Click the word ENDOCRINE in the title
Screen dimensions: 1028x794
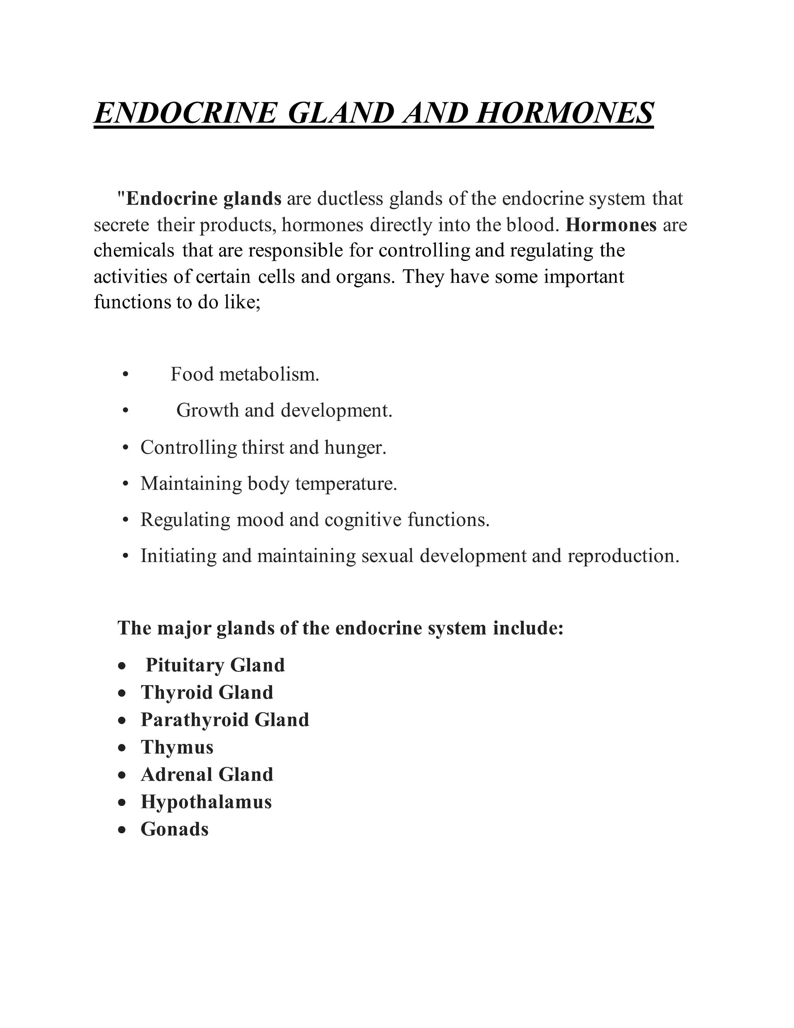[x=185, y=113]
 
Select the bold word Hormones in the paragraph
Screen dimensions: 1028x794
[x=611, y=225]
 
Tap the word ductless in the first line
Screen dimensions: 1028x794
[x=350, y=199]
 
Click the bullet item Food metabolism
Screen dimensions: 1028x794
[x=245, y=375]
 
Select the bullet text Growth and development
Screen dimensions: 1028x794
[x=284, y=410]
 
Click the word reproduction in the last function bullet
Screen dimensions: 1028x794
[x=623, y=556]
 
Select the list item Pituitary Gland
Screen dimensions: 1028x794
[x=215, y=665]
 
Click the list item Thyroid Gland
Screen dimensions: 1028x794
[x=207, y=692]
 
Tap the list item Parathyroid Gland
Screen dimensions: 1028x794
[x=225, y=720]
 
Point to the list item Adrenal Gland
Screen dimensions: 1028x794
[x=207, y=774]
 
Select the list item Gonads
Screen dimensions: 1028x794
[x=174, y=829]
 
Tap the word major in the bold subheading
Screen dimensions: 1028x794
[x=185, y=628]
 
